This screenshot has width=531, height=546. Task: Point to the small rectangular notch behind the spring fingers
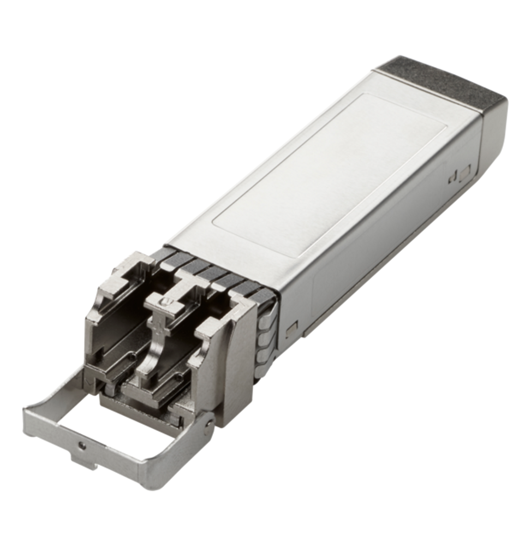coord(291,328)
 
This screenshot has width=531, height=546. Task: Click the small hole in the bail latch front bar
coord(82,445)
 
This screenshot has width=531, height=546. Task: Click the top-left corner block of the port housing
coord(117,273)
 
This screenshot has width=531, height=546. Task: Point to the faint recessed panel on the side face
coord(349,273)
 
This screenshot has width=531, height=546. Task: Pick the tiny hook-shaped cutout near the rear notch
coord(452,178)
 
